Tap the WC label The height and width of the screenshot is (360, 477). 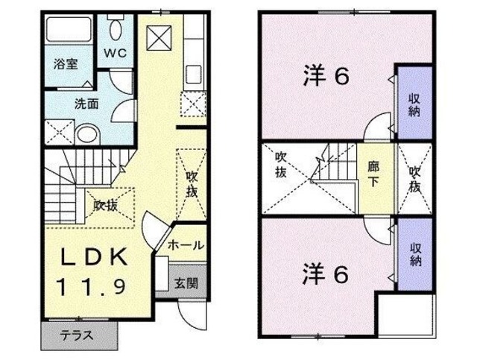115,53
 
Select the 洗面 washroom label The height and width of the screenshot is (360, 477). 86,104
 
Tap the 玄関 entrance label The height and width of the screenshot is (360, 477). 186,282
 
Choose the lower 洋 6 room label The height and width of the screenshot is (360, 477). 326,274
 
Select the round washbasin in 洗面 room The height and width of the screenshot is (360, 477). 88,135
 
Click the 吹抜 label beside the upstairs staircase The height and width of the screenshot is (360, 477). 282,164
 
